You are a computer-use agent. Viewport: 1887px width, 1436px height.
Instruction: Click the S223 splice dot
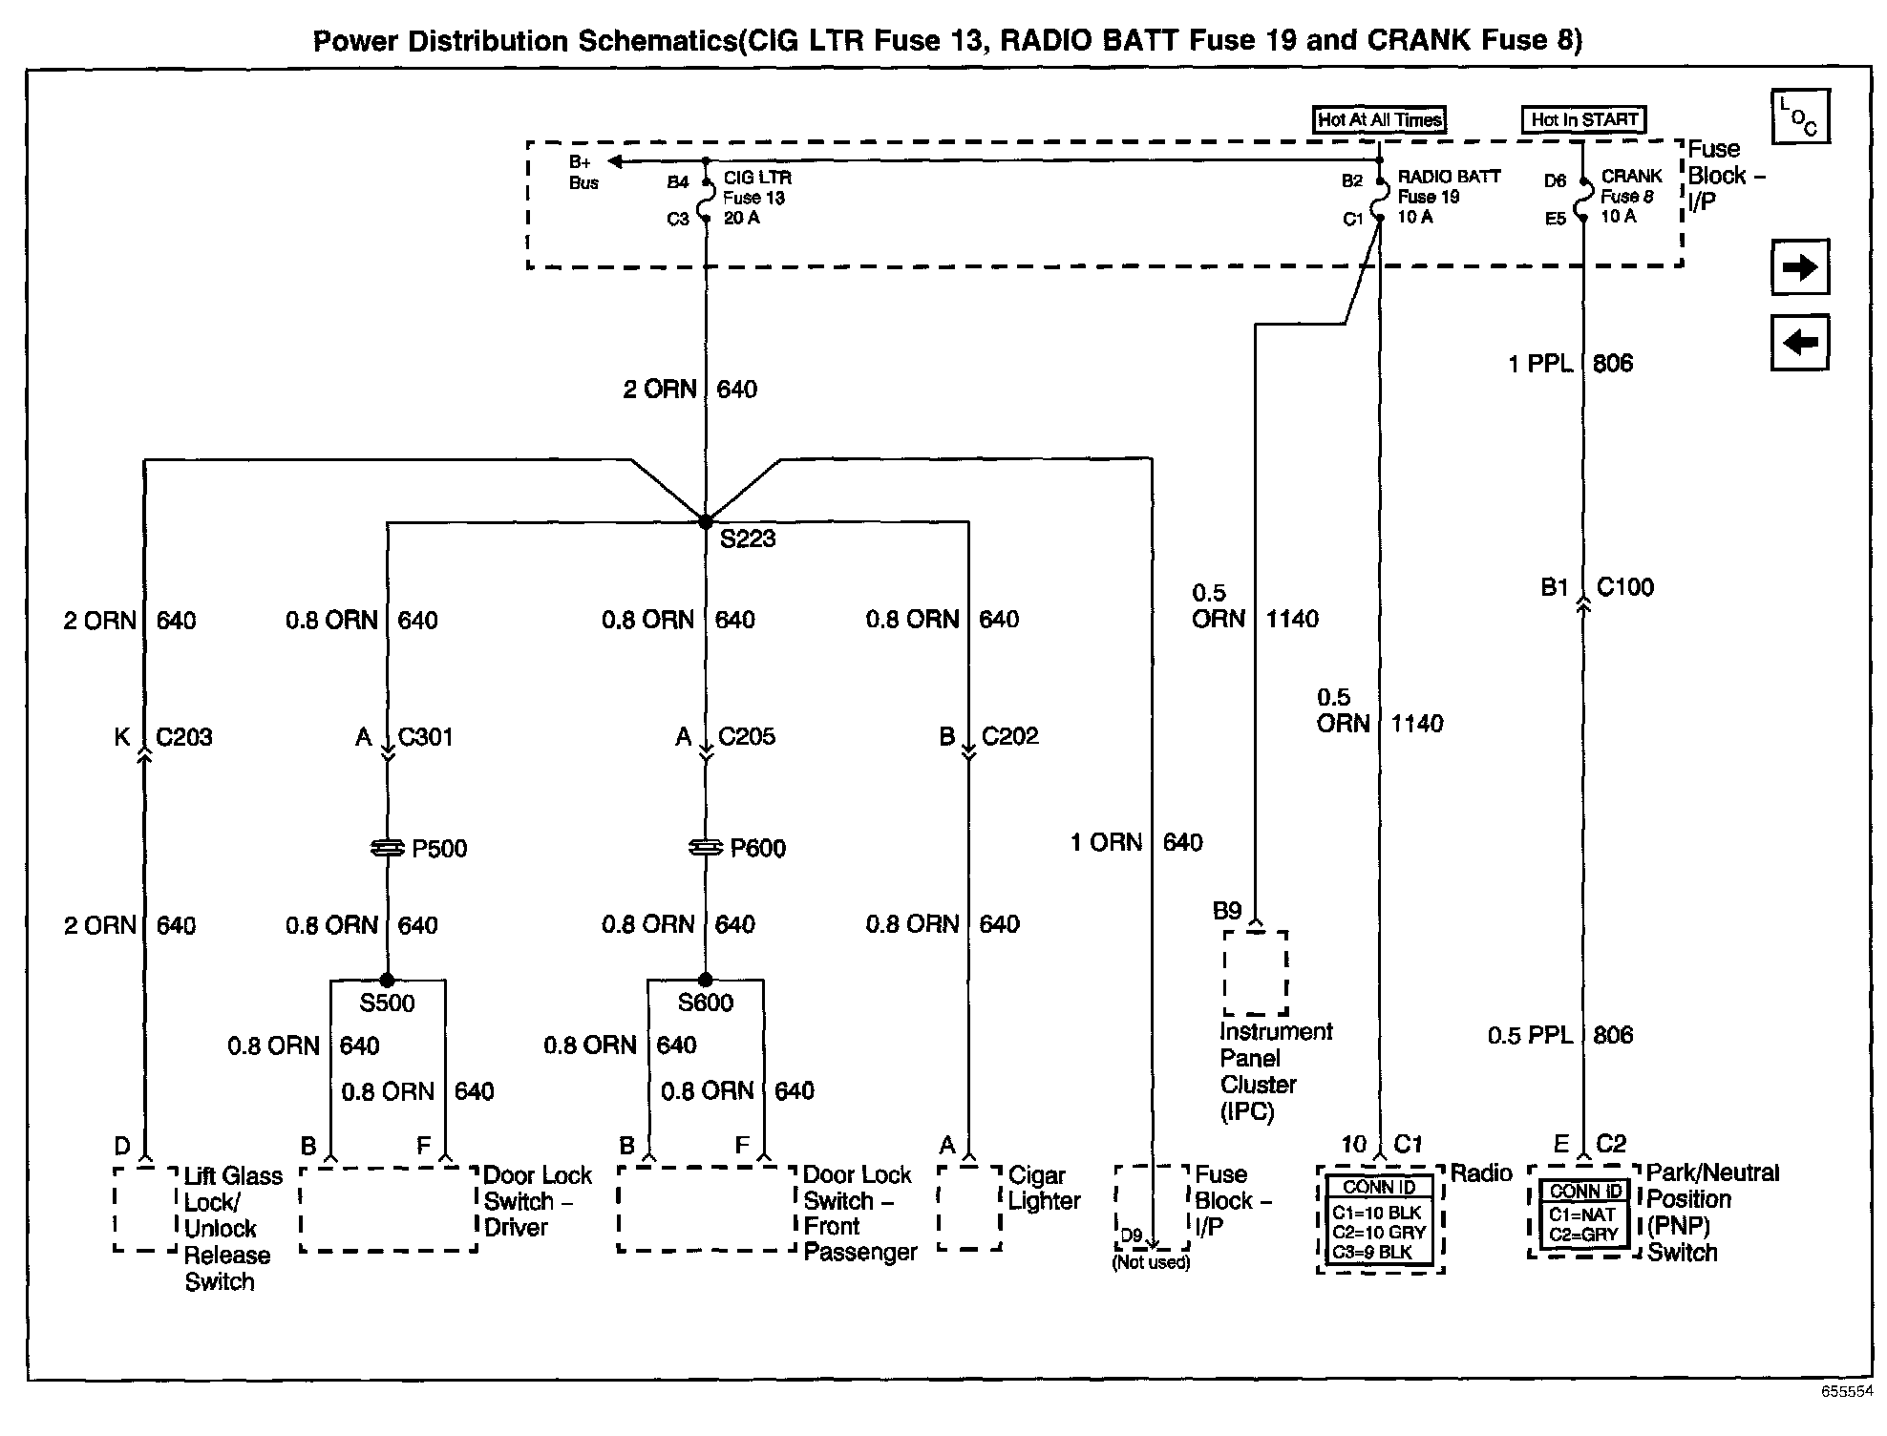tap(705, 522)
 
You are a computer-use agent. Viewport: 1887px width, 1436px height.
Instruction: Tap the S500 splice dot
tap(387, 980)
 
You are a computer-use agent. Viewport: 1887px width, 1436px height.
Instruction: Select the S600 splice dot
tap(705, 980)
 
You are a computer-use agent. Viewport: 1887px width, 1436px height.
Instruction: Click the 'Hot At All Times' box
tap(1379, 119)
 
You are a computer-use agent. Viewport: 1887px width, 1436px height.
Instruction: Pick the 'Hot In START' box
tap(1583, 119)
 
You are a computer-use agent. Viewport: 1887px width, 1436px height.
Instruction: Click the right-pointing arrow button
tap(1800, 267)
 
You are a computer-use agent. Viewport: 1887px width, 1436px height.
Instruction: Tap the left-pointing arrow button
tap(1800, 342)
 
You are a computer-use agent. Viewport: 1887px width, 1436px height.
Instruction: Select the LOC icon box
tap(1800, 116)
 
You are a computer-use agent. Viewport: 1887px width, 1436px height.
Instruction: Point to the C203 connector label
tap(184, 737)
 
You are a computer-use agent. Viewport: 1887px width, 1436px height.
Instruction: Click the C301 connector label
tap(426, 737)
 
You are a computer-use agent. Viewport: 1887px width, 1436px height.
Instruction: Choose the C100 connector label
tap(1625, 587)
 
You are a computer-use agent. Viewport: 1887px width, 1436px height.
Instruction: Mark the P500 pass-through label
tap(439, 849)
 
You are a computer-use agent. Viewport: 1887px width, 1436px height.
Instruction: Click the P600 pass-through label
tap(758, 849)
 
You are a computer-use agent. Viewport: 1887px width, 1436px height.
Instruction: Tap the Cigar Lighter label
tap(1044, 1189)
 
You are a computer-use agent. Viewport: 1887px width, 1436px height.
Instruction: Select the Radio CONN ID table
tap(1379, 1220)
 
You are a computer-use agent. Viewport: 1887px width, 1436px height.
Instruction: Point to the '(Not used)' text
tap(1151, 1263)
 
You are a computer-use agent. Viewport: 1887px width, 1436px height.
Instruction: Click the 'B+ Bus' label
tap(583, 173)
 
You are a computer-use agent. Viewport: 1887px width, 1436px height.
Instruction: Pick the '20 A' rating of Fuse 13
tap(741, 219)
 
